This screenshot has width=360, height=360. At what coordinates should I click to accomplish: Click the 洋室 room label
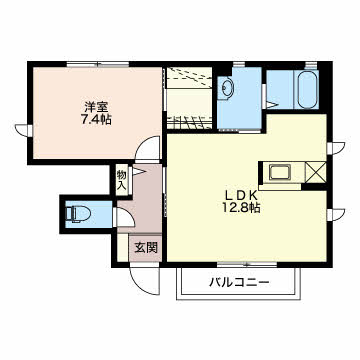[96, 107]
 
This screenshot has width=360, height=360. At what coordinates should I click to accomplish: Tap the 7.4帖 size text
[96, 119]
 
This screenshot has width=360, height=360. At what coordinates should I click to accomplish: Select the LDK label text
[241, 195]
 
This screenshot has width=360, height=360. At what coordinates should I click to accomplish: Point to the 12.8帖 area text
[241, 208]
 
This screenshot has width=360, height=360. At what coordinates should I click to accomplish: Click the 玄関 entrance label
[146, 248]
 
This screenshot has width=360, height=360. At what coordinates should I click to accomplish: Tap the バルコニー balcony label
[239, 283]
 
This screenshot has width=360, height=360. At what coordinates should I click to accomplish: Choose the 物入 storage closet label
[121, 181]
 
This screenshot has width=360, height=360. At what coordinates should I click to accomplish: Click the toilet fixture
[78, 214]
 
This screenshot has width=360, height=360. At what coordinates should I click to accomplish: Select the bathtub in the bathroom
[307, 89]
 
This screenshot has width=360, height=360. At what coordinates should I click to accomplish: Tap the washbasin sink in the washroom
[226, 87]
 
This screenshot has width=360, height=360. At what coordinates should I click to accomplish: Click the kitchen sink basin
[280, 172]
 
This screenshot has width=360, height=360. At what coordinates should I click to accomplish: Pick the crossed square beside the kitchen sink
[315, 172]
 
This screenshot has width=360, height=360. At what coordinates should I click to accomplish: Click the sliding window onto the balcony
[247, 265]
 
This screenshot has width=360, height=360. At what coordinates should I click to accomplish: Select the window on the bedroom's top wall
[98, 64]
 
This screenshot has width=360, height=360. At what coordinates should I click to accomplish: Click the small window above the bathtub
[310, 64]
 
